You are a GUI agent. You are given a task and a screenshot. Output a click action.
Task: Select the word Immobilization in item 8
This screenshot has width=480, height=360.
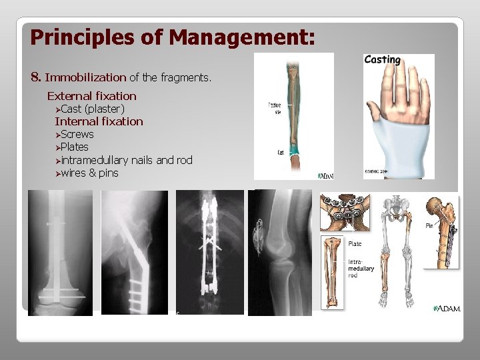pyautogui.click(x=85, y=78)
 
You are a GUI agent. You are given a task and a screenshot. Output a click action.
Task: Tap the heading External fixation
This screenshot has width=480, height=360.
pyautogui.click(x=91, y=96)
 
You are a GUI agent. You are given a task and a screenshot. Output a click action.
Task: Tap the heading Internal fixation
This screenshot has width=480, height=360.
pyautogui.click(x=99, y=121)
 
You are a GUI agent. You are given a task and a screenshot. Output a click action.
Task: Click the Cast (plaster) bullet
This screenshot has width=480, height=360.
pyautogui.click(x=93, y=109)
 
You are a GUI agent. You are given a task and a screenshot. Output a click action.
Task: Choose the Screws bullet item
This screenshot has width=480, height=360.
pyautogui.click(x=77, y=134)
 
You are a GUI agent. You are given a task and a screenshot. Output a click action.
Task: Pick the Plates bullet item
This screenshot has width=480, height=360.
pyautogui.click(x=75, y=147)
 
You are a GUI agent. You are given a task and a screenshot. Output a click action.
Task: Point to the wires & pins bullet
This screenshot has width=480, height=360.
pyautogui.click(x=89, y=173)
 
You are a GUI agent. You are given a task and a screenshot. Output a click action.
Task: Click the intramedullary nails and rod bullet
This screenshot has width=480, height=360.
pyautogui.click(x=127, y=160)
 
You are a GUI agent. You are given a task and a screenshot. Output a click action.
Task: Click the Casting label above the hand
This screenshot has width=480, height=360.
pyautogui.click(x=382, y=60)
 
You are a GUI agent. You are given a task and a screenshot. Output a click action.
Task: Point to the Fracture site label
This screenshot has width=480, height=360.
pyautogui.click(x=274, y=108)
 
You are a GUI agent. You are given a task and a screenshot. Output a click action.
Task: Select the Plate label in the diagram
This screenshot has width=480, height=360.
pyautogui.click(x=355, y=244)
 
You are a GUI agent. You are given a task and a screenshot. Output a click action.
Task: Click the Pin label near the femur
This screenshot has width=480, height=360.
pyautogui.click(x=430, y=226)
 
